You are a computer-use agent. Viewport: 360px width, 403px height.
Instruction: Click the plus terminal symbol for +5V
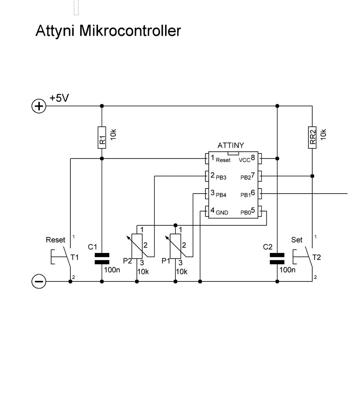tap(39, 106)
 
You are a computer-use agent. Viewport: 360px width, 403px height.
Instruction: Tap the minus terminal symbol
tap(39, 281)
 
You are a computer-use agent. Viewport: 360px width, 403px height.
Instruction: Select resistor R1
tap(102, 137)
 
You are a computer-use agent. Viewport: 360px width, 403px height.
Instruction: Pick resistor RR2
tap(312, 137)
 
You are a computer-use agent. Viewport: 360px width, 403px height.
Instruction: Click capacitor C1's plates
tap(102, 258)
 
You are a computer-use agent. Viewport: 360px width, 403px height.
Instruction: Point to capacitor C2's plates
tap(277, 258)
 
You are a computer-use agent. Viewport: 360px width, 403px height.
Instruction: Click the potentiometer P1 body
tap(175, 246)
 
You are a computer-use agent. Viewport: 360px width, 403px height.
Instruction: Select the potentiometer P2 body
tap(137, 246)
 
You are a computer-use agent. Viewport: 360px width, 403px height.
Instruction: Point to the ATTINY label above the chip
tap(231, 145)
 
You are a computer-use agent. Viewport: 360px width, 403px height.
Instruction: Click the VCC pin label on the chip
tap(244, 160)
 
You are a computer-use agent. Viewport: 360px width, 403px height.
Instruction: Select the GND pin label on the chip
tap(222, 213)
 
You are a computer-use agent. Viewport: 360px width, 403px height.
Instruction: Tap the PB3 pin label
tap(221, 178)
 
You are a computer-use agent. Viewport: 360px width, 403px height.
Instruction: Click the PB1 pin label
tap(245, 195)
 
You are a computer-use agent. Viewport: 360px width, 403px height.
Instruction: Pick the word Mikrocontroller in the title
tap(130, 31)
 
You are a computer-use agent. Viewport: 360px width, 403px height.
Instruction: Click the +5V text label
tap(59, 98)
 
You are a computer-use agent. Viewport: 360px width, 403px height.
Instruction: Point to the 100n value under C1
tap(112, 270)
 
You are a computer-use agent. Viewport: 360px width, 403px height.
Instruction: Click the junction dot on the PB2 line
tap(312, 176)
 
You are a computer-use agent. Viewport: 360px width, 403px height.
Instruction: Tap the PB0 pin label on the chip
tap(245, 213)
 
